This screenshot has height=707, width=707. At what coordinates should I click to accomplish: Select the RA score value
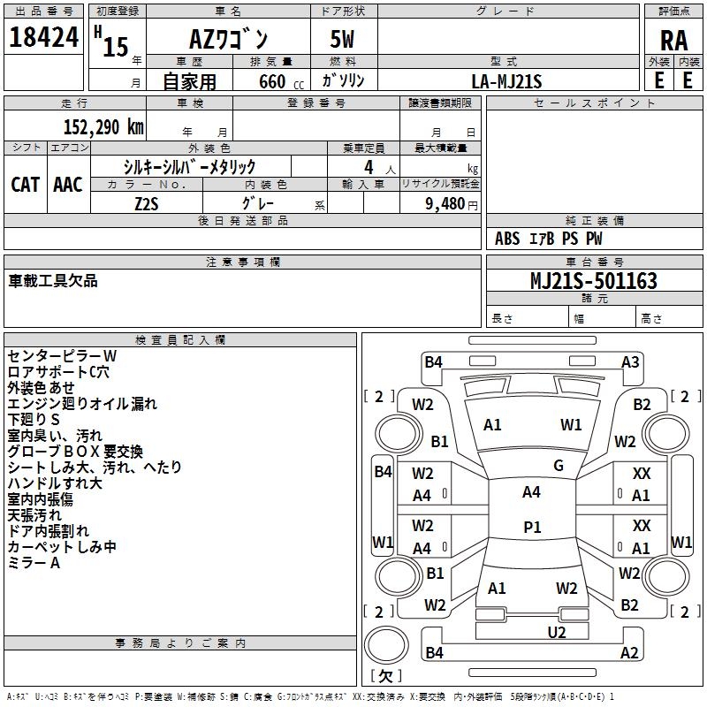673,41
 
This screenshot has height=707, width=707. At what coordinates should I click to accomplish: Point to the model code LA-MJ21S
506,80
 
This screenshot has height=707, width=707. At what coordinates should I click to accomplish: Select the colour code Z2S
147,202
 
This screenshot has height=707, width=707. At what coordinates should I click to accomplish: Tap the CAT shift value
26,184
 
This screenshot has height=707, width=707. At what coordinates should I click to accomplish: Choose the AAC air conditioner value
68,184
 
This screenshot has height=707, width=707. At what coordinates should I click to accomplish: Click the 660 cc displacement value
270,81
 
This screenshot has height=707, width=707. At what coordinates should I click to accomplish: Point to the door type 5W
343,40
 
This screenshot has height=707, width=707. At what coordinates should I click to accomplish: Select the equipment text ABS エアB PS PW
549,238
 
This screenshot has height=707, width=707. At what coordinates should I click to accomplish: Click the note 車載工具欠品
53,281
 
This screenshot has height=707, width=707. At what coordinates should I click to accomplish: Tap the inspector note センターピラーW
62,355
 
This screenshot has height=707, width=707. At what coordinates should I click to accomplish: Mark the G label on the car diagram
558,466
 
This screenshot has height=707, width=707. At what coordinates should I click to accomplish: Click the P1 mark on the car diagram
531,527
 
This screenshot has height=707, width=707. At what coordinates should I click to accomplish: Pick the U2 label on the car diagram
556,631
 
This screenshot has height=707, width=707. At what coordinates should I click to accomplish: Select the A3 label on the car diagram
630,361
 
